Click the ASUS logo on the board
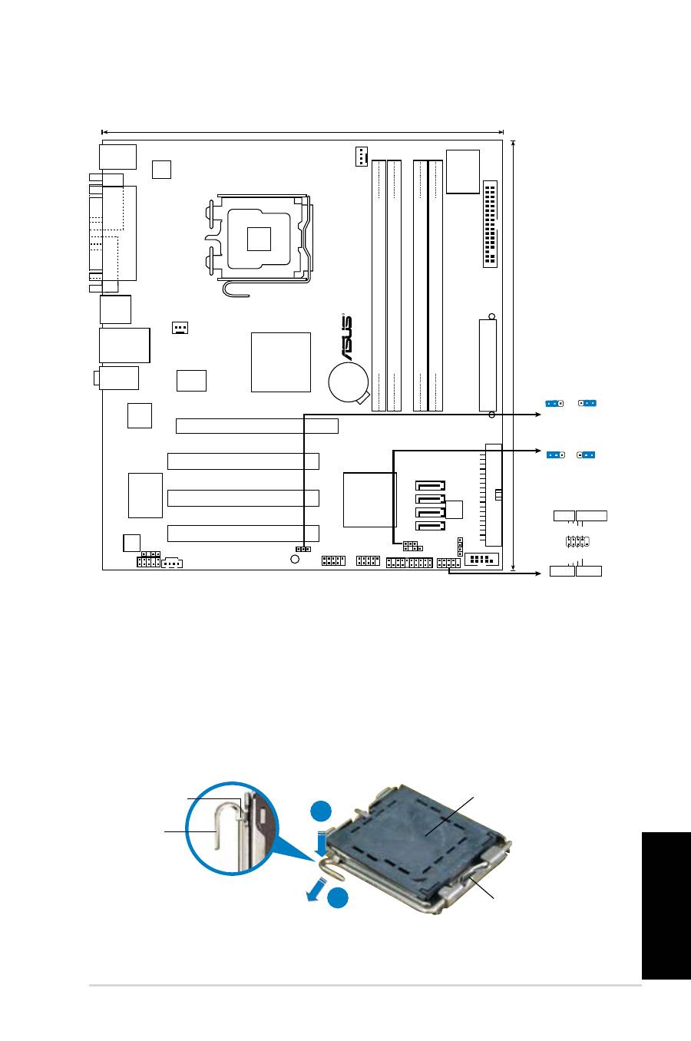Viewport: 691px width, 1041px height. [348, 339]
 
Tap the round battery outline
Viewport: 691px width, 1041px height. [348, 382]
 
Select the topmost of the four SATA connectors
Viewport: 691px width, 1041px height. [430, 485]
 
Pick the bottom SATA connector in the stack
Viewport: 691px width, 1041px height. [430, 526]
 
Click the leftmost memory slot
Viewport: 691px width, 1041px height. [379, 285]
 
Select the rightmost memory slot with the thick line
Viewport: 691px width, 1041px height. [435, 285]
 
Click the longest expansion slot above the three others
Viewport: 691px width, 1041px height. [256, 426]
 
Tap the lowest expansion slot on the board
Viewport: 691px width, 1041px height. [243, 533]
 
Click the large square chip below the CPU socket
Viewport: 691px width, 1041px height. [281, 362]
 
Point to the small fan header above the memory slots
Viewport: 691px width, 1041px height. [361, 156]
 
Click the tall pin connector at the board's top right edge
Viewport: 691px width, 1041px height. [491, 224]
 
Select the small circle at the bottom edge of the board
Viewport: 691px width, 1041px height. [295, 559]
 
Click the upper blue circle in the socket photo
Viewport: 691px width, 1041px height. [322, 811]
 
